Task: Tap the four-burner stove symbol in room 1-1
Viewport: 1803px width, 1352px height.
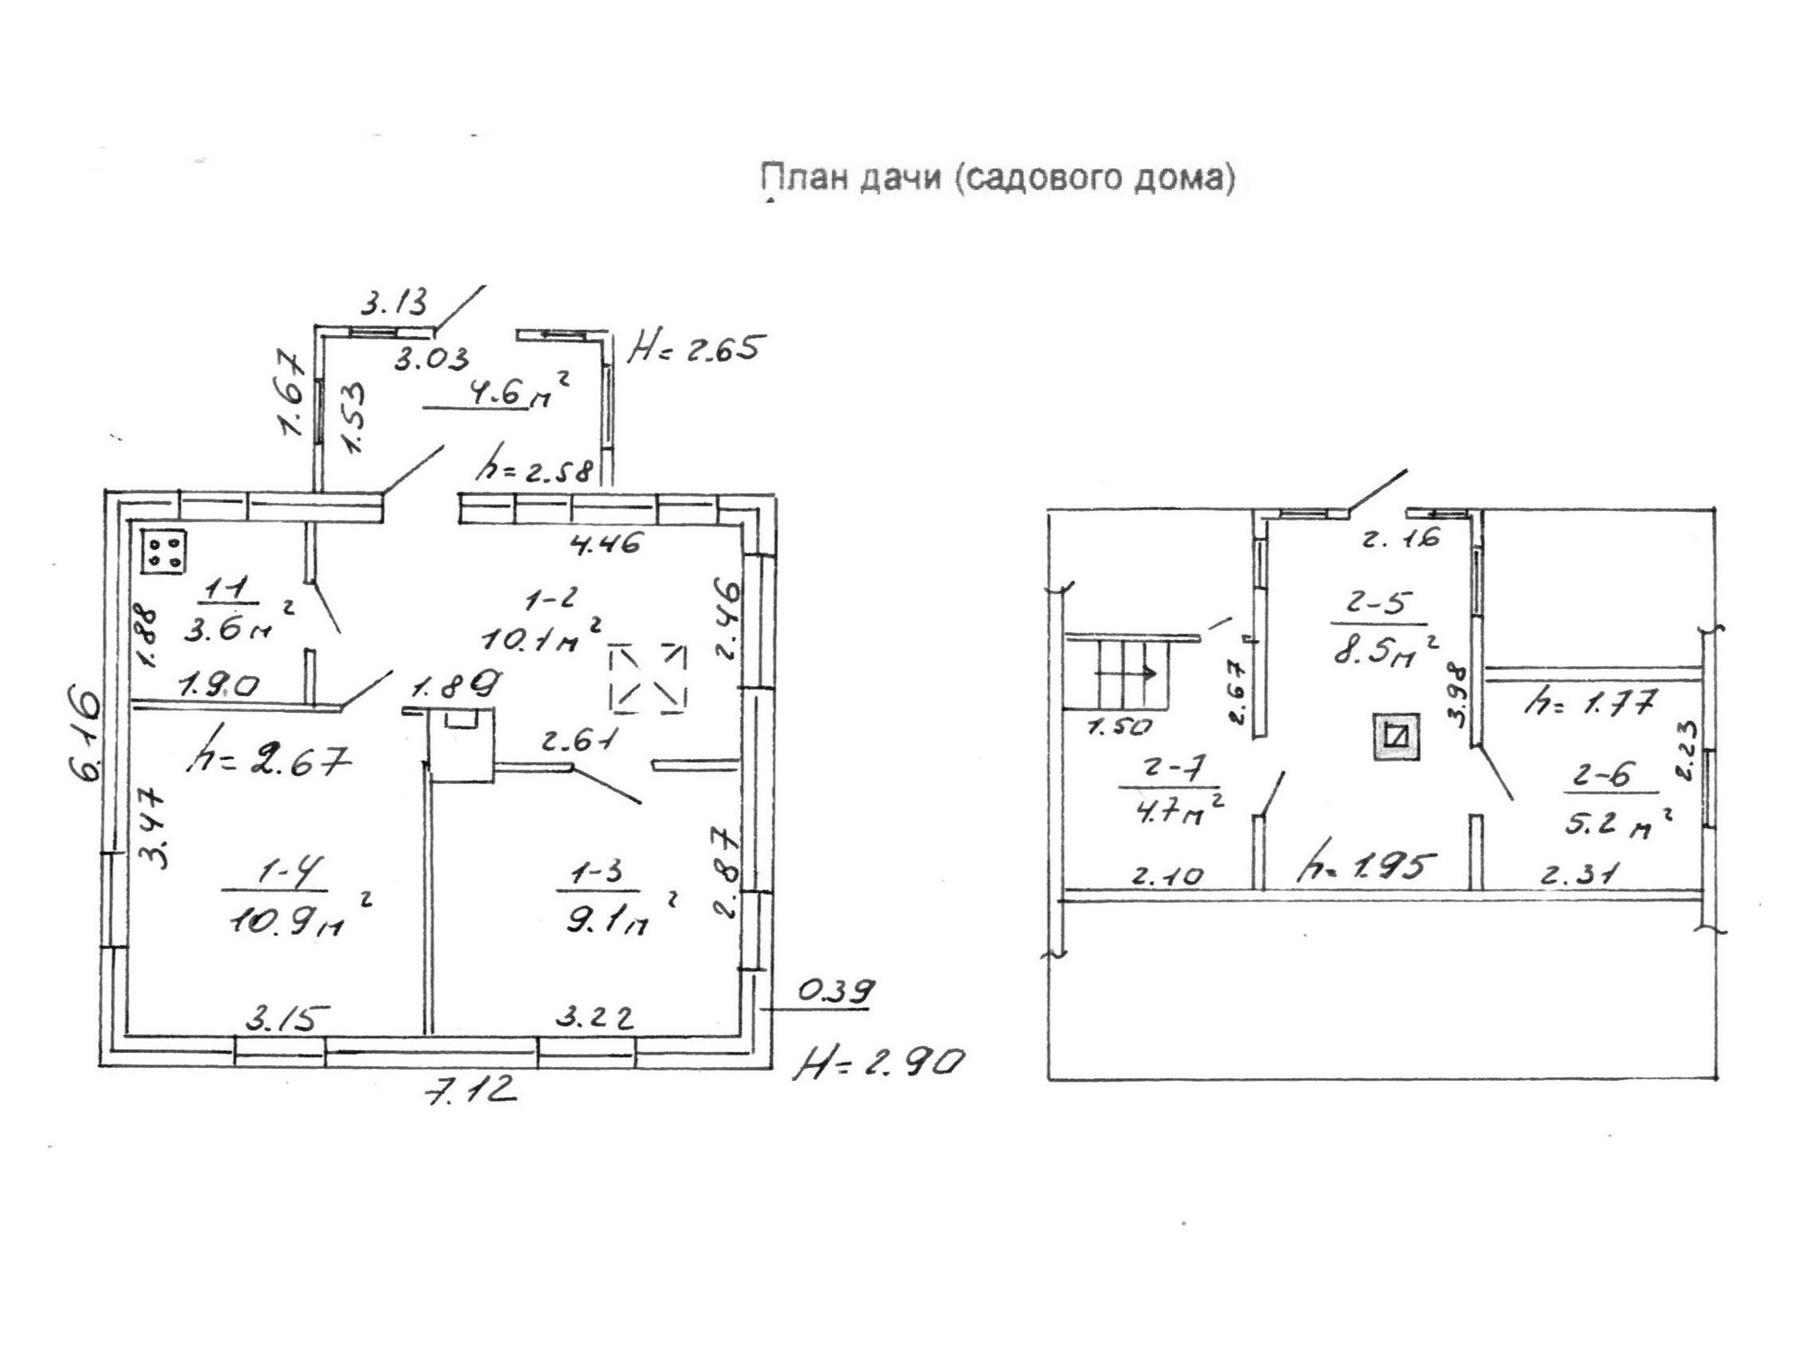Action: (163, 550)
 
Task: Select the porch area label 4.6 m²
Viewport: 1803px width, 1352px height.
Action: (505, 393)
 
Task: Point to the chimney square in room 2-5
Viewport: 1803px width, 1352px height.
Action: (1396, 736)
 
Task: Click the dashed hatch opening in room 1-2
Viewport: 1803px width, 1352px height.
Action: (647, 677)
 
